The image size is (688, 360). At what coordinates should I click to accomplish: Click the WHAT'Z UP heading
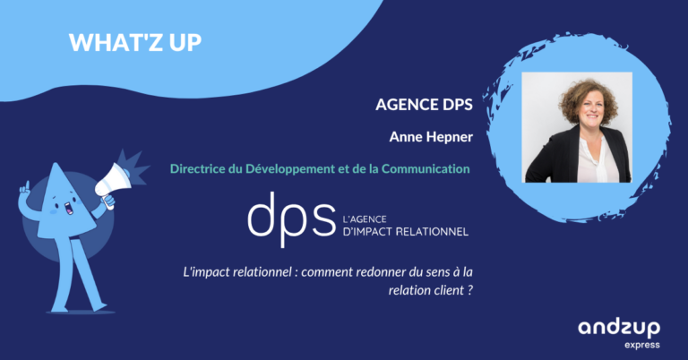(135, 42)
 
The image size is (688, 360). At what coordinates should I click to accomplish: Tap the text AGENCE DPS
(424, 105)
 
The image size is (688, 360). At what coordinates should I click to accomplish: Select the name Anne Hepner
(431, 137)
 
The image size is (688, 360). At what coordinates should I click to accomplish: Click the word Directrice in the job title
(197, 168)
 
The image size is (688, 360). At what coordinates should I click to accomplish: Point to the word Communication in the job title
(426, 168)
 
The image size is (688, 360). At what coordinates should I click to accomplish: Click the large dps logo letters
(291, 219)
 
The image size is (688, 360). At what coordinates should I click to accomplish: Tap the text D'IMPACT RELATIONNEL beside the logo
(406, 232)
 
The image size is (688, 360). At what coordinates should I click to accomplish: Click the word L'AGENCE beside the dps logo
(365, 219)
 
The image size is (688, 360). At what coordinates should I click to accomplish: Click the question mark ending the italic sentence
(470, 290)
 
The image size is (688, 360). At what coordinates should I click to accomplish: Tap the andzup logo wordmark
(619, 329)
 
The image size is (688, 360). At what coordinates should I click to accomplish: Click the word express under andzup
(642, 345)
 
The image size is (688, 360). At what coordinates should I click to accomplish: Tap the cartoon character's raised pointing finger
(26, 185)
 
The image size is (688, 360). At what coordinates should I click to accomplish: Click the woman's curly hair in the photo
(587, 98)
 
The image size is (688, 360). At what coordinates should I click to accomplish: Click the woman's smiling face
(590, 110)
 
